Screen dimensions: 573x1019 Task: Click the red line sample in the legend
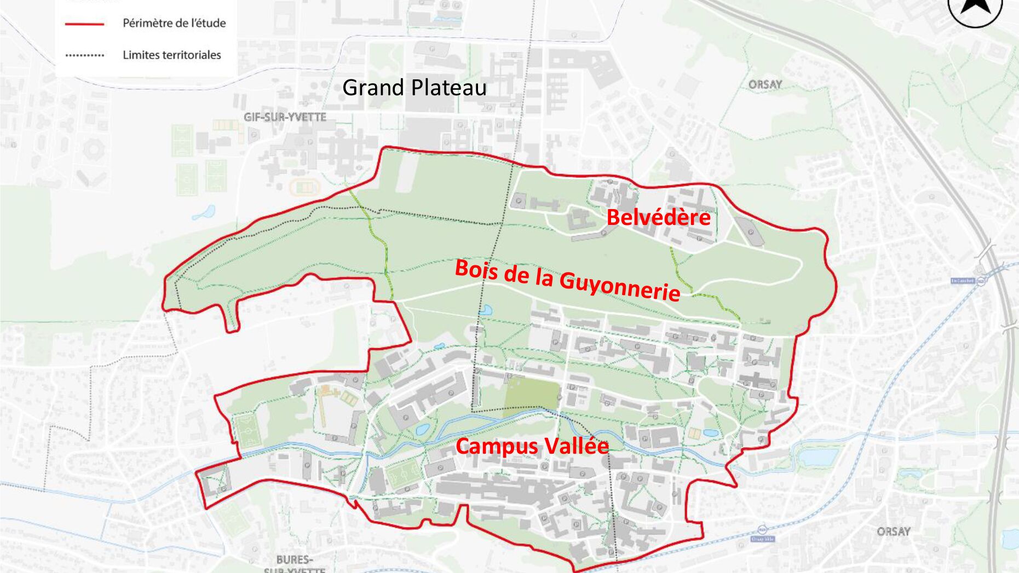pyautogui.click(x=84, y=24)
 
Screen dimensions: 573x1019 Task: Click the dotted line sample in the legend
pyautogui.click(x=84, y=55)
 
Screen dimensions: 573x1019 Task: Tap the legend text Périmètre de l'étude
pyautogui.click(x=174, y=23)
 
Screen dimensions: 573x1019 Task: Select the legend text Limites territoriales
pyautogui.click(x=171, y=55)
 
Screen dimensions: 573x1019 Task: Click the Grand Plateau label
pyautogui.click(x=414, y=88)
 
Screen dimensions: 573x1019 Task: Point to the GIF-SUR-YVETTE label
pyautogui.click(x=285, y=117)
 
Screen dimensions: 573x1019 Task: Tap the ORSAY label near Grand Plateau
pyautogui.click(x=765, y=84)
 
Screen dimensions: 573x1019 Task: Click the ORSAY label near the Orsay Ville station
pyautogui.click(x=893, y=531)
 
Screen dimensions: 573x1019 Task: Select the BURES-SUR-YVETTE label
pyautogui.click(x=295, y=564)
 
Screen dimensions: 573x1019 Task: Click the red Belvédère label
pyautogui.click(x=658, y=217)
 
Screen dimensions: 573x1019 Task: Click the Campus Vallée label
pyautogui.click(x=532, y=446)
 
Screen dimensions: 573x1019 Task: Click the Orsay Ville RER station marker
pyautogui.click(x=762, y=529)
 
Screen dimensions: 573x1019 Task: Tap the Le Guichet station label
pyautogui.click(x=963, y=281)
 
